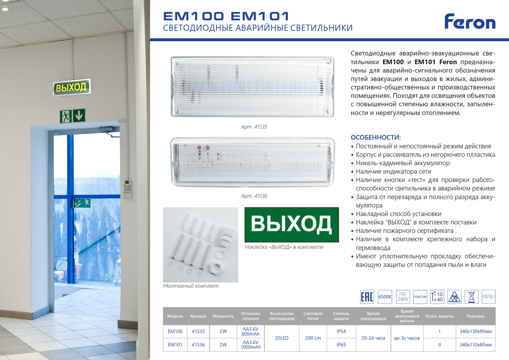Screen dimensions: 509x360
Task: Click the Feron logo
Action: point(470,21)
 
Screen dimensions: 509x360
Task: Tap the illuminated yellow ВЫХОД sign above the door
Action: point(72,87)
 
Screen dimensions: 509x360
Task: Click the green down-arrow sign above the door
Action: point(79,115)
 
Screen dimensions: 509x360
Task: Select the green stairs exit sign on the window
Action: point(82,203)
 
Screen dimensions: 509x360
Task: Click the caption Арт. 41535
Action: point(254,127)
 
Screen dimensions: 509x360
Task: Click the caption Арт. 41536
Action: point(254,196)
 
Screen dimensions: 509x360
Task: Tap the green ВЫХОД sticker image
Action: point(291,225)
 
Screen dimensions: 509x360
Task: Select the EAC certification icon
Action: point(367,297)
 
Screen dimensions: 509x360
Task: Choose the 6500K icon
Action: point(385,297)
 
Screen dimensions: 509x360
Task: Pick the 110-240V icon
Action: point(403,297)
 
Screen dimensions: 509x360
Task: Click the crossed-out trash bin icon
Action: point(472,297)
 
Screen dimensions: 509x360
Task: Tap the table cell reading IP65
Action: point(341,345)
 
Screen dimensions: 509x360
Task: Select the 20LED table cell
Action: point(282,338)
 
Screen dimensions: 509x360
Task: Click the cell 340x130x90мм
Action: point(475,332)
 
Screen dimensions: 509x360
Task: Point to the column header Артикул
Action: point(198,316)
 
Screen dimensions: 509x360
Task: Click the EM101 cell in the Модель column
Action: point(175,345)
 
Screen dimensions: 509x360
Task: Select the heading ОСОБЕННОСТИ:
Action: point(376,138)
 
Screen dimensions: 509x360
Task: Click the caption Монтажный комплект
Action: point(191,286)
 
